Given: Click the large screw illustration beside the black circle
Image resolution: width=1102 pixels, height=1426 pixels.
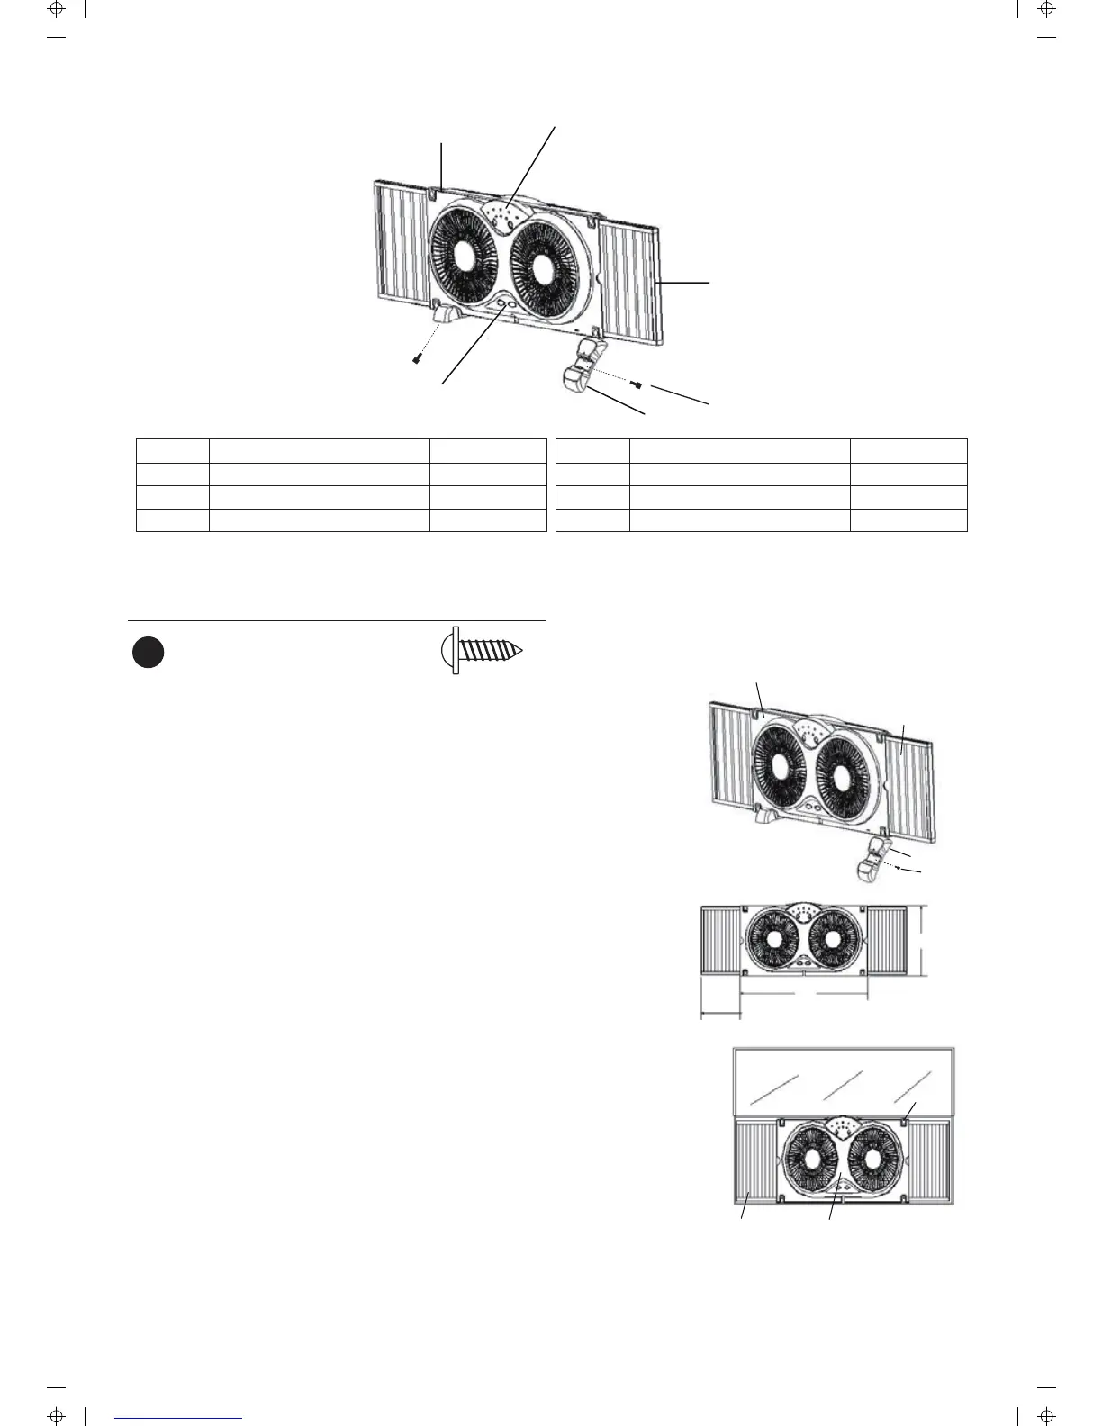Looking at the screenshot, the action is [x=483, y=651].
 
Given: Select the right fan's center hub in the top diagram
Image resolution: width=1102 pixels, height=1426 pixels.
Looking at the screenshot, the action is [x=545, y=268].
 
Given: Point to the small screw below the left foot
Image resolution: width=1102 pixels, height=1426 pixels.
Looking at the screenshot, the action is [x=417, y=359].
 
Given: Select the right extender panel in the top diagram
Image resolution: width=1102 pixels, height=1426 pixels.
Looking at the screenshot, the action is [x=630, y=282].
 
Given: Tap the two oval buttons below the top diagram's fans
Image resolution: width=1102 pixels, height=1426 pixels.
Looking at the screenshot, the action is [x=506, y=305].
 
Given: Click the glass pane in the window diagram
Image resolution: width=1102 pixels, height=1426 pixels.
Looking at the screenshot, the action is [x=844, y=1079].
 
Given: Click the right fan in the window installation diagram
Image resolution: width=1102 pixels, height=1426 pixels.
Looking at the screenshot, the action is [x=874, y=1160].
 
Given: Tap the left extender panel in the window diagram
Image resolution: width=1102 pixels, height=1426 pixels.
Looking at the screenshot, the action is [x=755, y=1160].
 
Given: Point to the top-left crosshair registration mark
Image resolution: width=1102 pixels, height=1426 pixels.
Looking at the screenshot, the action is [x=56, y=10].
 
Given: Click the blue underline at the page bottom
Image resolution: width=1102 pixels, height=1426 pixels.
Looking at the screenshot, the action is [x=179, y=1418].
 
